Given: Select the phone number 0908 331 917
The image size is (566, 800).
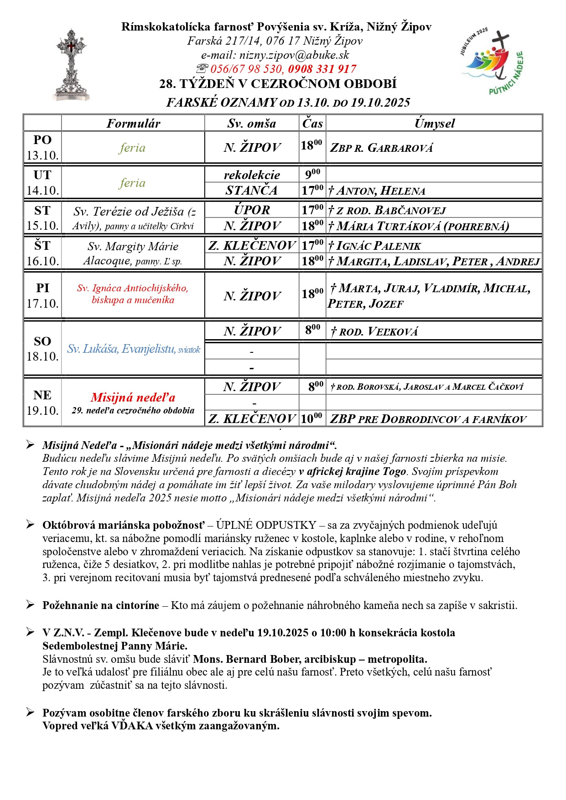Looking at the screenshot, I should (322, 69).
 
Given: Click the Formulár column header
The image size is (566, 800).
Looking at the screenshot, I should (133, 124).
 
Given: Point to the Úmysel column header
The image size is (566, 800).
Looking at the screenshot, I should (434, 124).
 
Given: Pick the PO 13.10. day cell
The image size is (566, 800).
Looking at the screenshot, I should (42, 148).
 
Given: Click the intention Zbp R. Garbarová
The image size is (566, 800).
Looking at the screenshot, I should (381, 148).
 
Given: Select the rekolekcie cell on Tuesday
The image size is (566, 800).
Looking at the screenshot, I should (252, 175).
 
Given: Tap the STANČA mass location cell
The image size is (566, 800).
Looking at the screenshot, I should (252, 191).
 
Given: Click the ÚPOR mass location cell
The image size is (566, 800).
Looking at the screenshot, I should (252, 210).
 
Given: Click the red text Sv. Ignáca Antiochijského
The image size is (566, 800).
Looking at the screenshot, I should (132, 288).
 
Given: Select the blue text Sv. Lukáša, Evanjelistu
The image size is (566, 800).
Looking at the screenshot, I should (121, 349).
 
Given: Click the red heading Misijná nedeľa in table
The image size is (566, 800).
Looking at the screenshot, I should (133, 397).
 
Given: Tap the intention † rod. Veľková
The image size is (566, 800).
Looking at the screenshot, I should (374, 332).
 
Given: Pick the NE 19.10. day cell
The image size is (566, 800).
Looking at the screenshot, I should (42, 403).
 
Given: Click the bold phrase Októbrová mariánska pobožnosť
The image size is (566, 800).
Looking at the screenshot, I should (124, 525).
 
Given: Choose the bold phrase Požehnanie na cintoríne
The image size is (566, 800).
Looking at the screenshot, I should (101, 605).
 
